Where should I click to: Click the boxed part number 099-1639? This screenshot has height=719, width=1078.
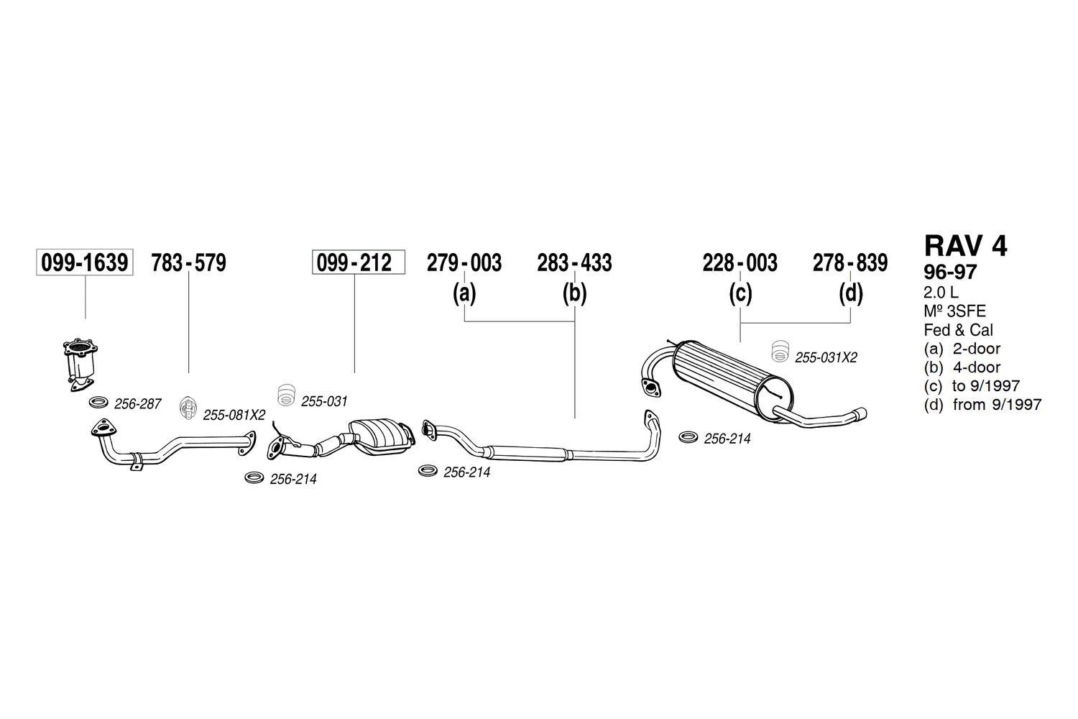(x=85, y=262)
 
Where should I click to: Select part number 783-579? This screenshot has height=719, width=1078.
(x=188, y=263)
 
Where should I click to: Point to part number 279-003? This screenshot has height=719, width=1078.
(x=464, y=263)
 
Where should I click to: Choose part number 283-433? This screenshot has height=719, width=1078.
(x=575, y=263)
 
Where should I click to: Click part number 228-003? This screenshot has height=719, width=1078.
(x=740, y=263)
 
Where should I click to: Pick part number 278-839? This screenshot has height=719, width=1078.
(x=850, y=263)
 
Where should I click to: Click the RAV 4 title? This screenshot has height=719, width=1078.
(x=965, y=246)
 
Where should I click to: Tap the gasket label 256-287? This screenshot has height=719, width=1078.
(x=138, y=404)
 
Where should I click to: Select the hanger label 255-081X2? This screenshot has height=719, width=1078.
(x=234, y=415)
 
